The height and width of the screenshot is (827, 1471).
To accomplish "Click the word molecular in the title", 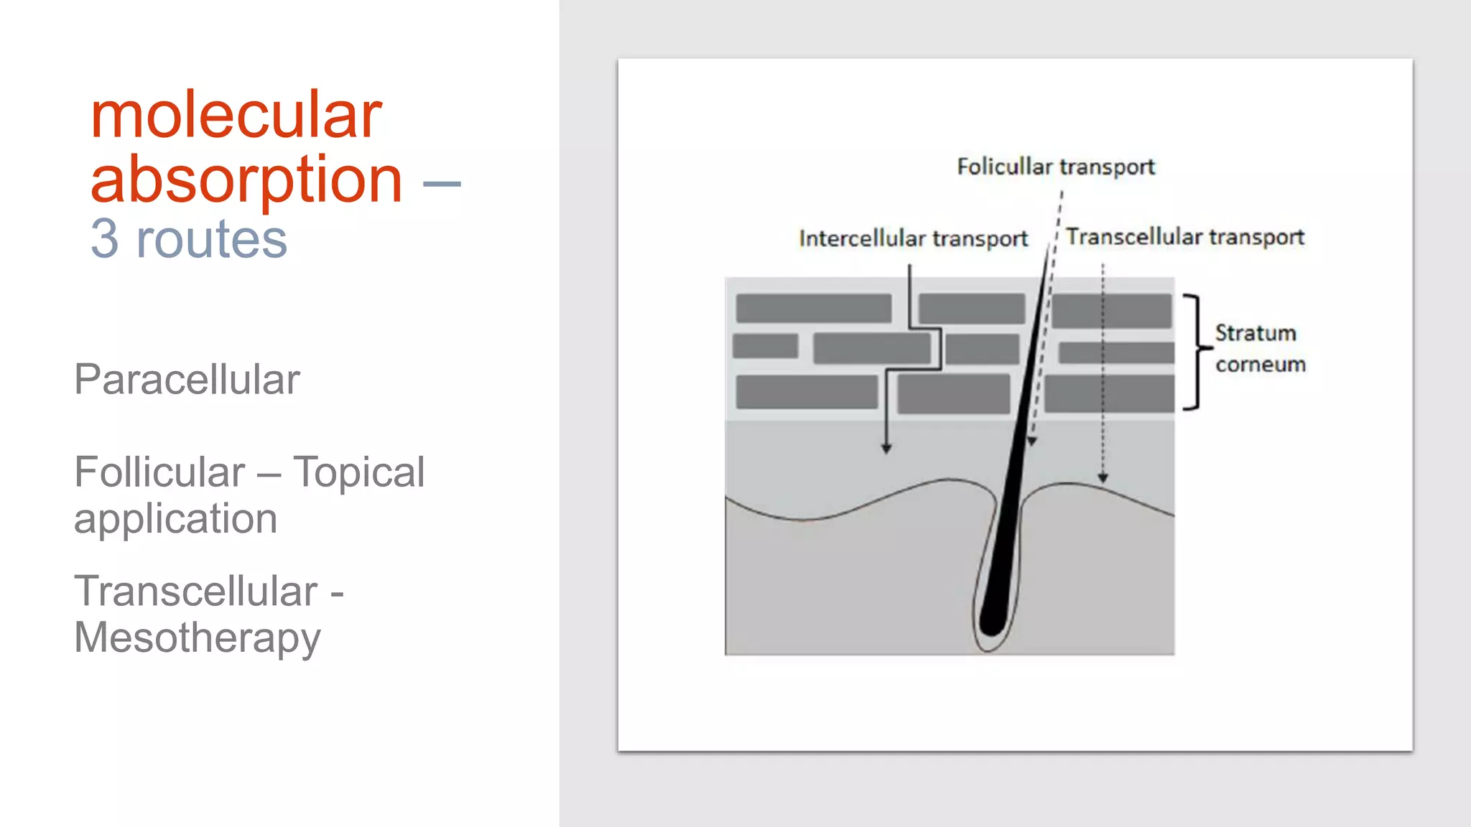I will click(x=236, y=116).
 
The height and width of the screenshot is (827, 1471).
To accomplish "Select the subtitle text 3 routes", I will click(x=188, y=239).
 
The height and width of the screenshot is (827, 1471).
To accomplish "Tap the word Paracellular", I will click(x=187, y=379).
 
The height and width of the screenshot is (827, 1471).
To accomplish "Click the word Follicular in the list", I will click(x=159, y=472).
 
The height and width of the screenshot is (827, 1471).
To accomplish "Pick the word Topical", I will click(x=358, y=472).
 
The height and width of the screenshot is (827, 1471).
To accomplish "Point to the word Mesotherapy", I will click(x=198, y=637).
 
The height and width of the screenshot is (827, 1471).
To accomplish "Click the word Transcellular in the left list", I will click(x=195, y=592).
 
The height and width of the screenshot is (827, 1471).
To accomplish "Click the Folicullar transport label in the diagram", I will click(x=1055, y=167).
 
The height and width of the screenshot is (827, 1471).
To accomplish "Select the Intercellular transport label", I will click(x=913, y=238).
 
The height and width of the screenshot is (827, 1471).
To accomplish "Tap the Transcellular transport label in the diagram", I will click(x=1184, y=237).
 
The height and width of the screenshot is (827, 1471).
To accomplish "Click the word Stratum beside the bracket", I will click(x=1255, y=333).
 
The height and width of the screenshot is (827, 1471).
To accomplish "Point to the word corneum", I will click(x=1260, y=365).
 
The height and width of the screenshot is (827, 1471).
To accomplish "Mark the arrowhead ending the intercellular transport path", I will click(x=886, y=449).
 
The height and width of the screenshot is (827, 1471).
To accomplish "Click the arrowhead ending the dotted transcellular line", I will click(x=1103, y=477).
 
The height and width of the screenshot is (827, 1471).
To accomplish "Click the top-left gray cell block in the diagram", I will click(x=813, y=308).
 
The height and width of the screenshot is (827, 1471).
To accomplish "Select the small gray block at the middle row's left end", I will click(x=765, y=346).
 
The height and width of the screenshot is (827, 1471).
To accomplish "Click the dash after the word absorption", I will click(x=442, y=184).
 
